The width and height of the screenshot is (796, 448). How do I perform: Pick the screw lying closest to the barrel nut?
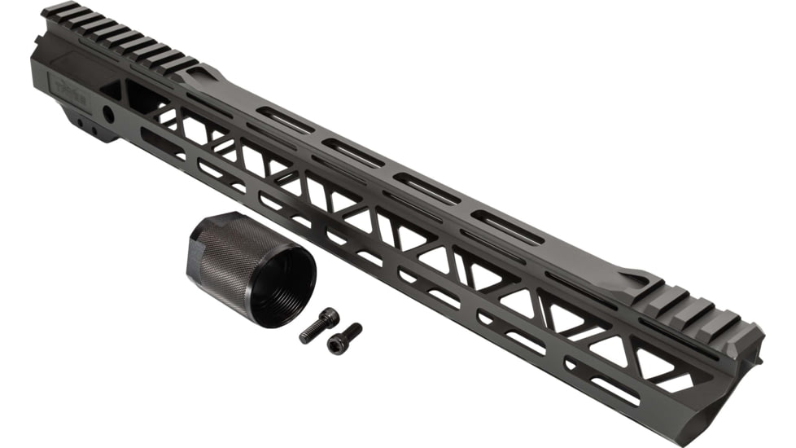[x=320, y=324]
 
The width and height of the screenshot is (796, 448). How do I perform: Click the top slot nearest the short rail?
[x=509, y=227]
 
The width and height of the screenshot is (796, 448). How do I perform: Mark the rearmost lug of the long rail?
[x=55, y=11]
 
